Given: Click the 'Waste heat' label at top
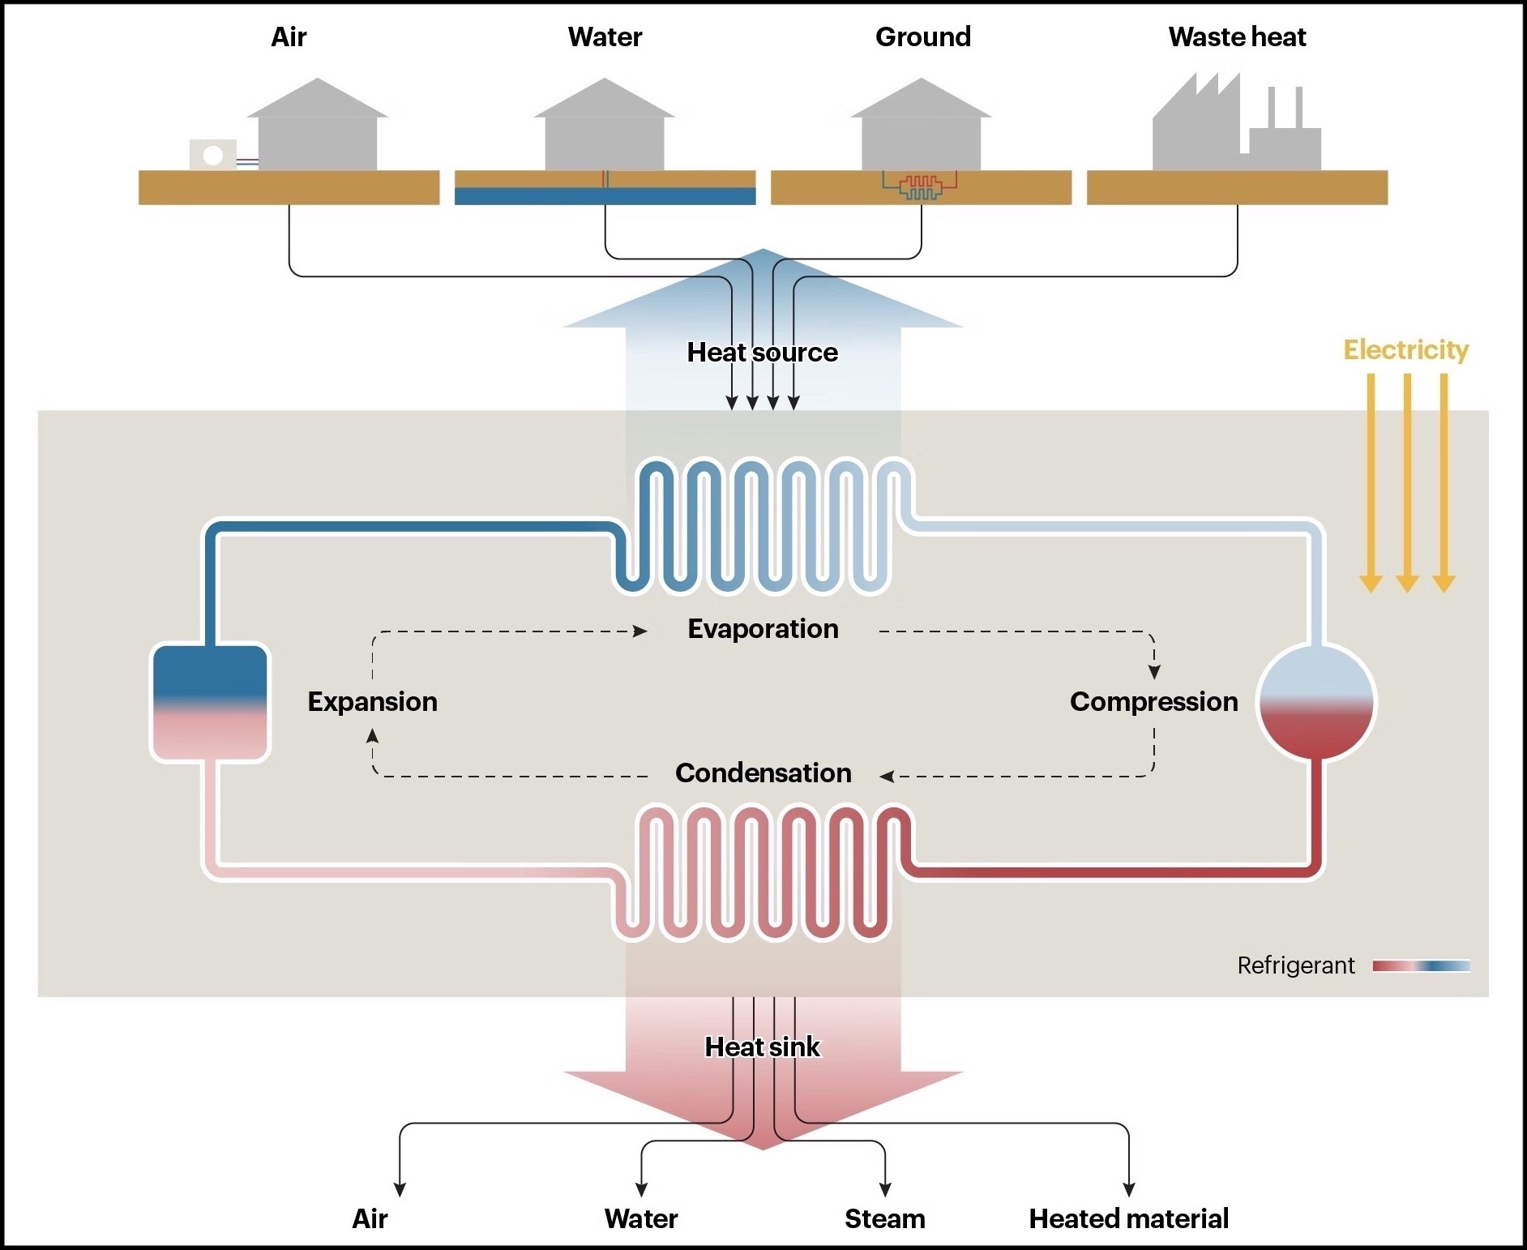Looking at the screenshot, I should (x=1237, y=37).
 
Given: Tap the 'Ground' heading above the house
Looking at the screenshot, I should (x=922, y=37).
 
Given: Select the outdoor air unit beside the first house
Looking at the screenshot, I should (x=213, y=155).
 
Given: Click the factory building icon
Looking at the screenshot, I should (x=1235, y=130).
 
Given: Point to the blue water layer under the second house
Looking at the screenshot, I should (x=605, y=196).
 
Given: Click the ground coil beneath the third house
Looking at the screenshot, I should (x=921, y=187).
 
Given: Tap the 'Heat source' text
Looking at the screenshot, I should (x=762, y=353).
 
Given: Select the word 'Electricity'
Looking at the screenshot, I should (x=1405, y=350).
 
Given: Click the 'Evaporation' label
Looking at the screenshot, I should (x=763, y=629).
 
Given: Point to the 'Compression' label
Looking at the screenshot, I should (x=1153, y=702).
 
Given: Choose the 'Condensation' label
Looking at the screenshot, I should (x=763, y=773).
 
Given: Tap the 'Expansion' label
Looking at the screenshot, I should (x=372, y=702).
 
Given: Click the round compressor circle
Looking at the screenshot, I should (x=1316, y=702).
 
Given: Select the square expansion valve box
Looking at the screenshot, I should (x=210, y=703).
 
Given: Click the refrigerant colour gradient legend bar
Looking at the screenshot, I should (x=1421, y=965).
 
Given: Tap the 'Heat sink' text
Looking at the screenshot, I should (x=762, y=1047).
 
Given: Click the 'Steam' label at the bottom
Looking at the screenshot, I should (x=884, y=1219).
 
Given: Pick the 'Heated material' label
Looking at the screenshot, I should (x=1128, y=1219).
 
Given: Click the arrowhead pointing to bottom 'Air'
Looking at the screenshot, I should (x=400, y=1189).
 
